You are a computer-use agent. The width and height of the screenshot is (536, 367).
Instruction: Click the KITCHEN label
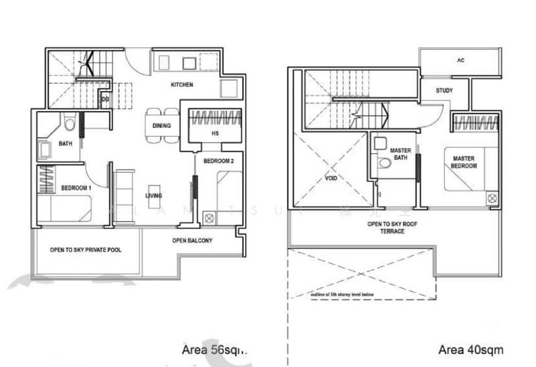coord(182,85)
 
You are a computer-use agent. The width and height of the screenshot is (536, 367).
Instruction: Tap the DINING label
coord(161,126)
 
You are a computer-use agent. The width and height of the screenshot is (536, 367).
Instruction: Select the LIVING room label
coord(155,196)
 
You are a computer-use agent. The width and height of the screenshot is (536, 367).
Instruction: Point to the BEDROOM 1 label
coord(76,188)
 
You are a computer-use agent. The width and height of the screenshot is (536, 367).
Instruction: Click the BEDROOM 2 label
coord(218,161)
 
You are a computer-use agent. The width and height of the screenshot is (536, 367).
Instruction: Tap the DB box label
coord(105,101)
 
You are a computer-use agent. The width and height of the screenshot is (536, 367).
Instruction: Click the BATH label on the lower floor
coord(65,143)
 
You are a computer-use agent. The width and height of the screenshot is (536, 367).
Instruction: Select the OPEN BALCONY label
coord(192,240)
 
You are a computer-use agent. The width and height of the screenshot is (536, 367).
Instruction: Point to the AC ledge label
coord(460,60)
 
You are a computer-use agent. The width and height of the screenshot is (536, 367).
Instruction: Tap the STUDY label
coord(444,90)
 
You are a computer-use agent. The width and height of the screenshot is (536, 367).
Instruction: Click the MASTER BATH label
coord(401,155)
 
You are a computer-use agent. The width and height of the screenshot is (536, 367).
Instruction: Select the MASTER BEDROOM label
coord(464,161)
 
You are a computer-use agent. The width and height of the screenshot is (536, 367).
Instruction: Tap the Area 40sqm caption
coord(472,350)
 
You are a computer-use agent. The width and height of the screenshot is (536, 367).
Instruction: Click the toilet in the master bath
coord(385,163)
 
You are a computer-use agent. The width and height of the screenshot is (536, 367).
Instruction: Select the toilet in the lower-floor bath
coord(70,124)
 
